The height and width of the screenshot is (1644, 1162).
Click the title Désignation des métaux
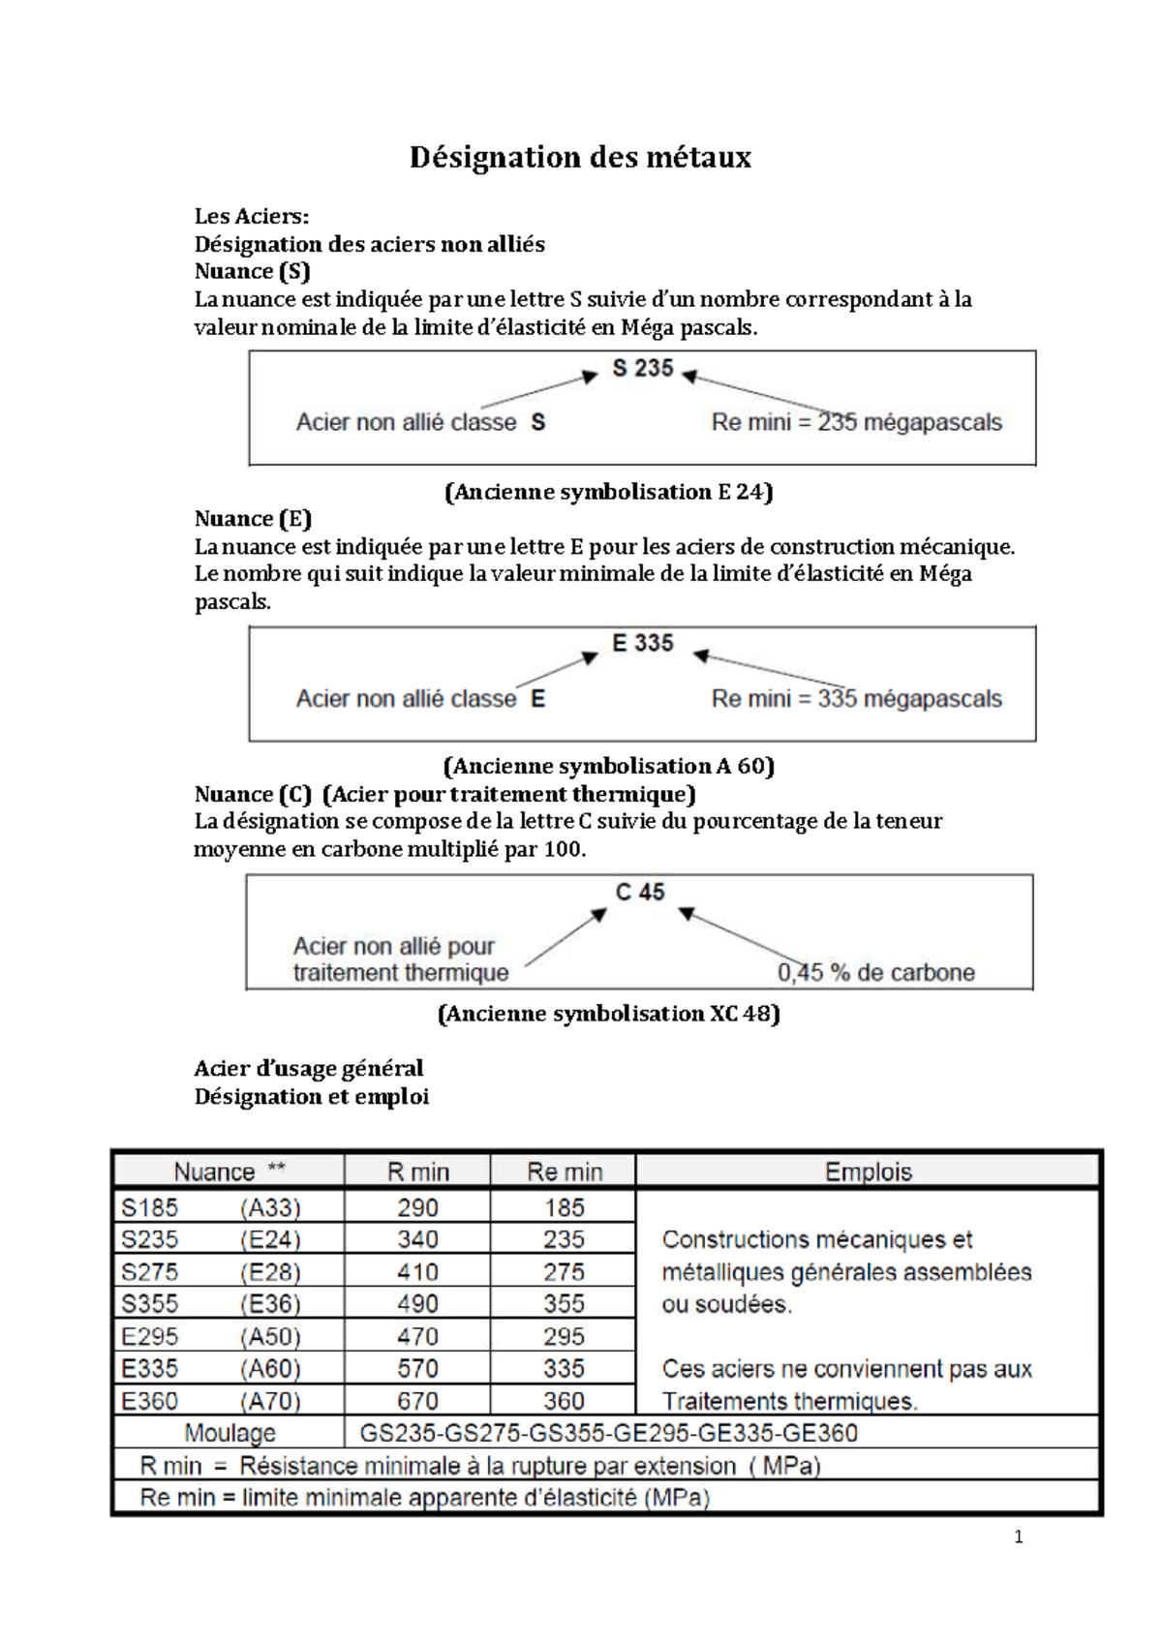coord(580,157)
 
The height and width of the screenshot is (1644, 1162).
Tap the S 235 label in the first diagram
coord(642,368)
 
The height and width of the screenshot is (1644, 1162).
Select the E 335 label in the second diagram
coord(642,643)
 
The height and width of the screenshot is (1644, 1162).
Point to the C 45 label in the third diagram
coord(640,892)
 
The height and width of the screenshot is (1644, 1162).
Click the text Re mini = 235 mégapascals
coord(856,422)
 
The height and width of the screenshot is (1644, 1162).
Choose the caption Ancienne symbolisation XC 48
coord(609,1014)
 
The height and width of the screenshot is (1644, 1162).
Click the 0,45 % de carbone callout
coord(875,972)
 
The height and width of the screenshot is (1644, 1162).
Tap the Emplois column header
coord(868,1172)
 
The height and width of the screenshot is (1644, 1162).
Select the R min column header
coord(417,1172)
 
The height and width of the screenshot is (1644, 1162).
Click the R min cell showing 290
coord(417,1207)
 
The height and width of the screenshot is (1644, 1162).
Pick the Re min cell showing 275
coord(563,1271)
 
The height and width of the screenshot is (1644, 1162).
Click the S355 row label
coord(150,1303)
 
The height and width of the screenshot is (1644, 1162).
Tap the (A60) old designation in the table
coord(270,1368)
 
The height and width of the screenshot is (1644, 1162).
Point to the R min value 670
coord(417,1401)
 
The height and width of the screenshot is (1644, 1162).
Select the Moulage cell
coord(229,1433)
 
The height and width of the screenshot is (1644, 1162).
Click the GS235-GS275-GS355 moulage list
coord(608,1433)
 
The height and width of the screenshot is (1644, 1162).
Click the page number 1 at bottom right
coord(1018,1537)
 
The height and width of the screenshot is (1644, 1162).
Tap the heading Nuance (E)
coord(253,519)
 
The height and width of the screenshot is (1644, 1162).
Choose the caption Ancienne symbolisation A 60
coord(608,767)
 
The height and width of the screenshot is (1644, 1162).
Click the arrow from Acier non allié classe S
coord(538,391)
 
